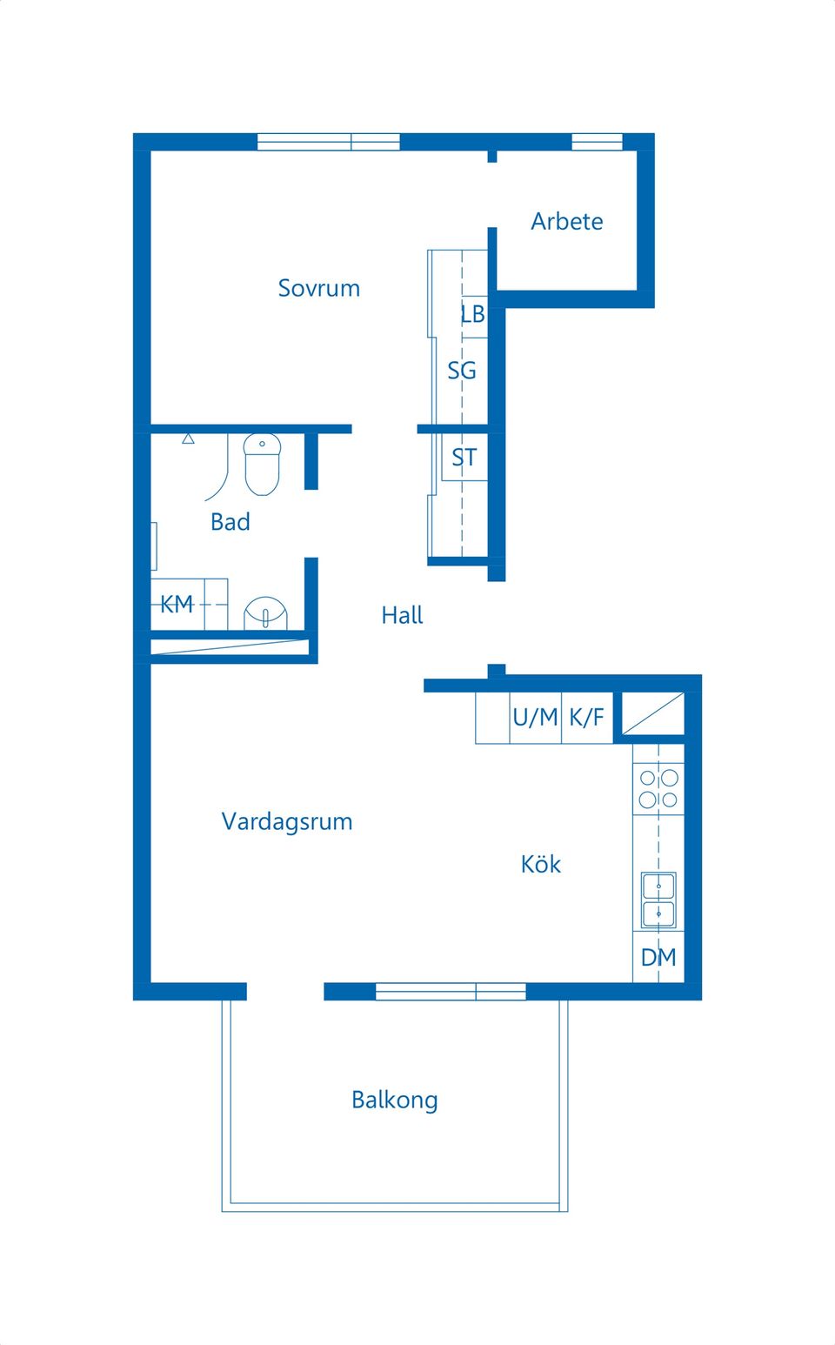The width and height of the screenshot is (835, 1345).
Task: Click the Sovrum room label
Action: coord(318,288)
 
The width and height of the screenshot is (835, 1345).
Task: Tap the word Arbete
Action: coord(566,221)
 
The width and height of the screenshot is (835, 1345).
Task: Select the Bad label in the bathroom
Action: coord(230,522)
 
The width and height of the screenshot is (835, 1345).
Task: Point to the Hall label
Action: coord(402,615)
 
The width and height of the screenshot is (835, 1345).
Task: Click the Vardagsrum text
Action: coord(287,821)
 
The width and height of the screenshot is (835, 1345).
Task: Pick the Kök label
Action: coord(540,864)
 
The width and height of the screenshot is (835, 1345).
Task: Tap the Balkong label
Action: coord(394,1100)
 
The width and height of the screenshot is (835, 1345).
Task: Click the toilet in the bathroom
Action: coord(262,464)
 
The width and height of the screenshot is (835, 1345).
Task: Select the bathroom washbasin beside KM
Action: coord(264,613)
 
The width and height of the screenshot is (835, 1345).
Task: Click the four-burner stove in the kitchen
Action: coord(658,788)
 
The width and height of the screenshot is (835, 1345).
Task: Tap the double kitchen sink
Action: coord(658,900)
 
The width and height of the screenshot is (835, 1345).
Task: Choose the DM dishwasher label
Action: coord(658,958)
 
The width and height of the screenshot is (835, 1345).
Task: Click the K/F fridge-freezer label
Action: coord(586,718)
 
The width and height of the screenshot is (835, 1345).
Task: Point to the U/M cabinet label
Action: coord(535,718)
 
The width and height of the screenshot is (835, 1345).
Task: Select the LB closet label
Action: coord(473,314)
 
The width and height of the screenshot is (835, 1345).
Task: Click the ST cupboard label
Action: coord(464,458)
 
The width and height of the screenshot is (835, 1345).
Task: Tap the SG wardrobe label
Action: coord(462,371)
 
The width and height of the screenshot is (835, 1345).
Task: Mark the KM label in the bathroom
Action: coord(177,604)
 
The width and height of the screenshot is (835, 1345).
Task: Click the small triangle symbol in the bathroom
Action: coord(188,438)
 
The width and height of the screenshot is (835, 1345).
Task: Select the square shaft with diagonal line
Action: coord(652,713)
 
